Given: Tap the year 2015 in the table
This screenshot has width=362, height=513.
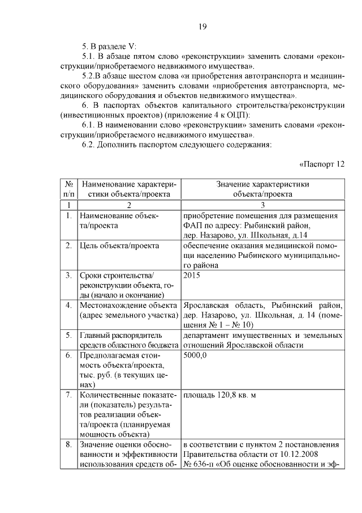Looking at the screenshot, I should (x=191, y=275).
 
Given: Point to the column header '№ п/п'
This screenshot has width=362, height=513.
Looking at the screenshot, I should (x=68, y=188).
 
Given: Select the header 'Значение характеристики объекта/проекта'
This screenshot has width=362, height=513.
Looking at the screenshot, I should (x=262, y=188).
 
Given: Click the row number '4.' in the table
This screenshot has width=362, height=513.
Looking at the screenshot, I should (x=68, y=306).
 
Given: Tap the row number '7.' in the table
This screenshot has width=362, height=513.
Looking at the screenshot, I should (x=68, y=395).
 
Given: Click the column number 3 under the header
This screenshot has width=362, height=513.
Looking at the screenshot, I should (x=262, y=205).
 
